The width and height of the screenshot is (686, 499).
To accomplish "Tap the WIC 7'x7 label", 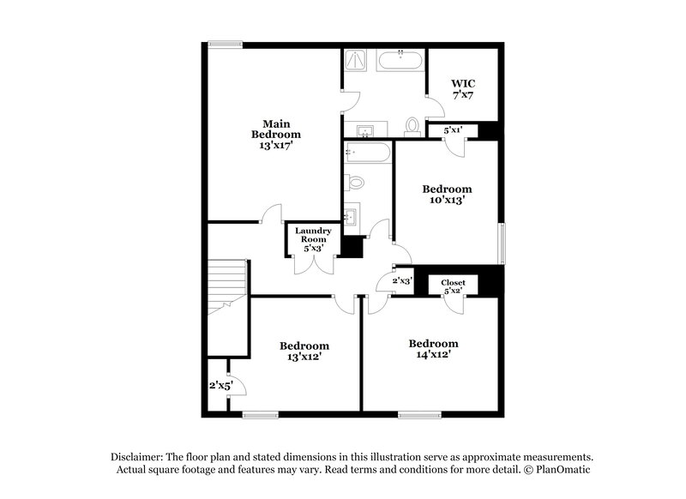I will [462, 89].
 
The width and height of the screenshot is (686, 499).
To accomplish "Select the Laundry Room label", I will [313, 239].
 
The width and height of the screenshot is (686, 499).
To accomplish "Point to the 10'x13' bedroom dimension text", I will [447, 201].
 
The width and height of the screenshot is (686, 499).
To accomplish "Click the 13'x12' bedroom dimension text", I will [304, 358].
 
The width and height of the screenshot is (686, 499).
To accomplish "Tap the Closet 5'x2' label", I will [453, 287].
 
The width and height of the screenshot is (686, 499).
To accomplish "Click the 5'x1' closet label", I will [453, 130].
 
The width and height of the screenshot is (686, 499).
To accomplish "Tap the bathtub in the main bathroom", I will [400, 61].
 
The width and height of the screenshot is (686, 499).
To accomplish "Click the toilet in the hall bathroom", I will [355, 182].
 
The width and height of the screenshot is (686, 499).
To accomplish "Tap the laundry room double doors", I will [313, 265].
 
